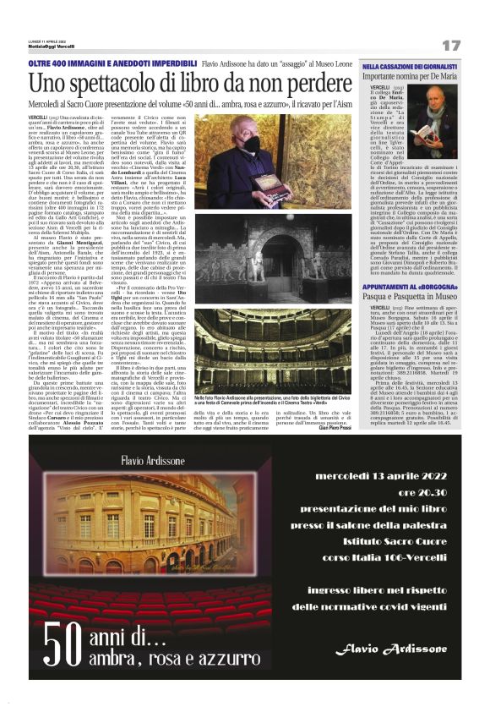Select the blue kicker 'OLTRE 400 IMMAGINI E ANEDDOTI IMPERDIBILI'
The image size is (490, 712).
(112, 63)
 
